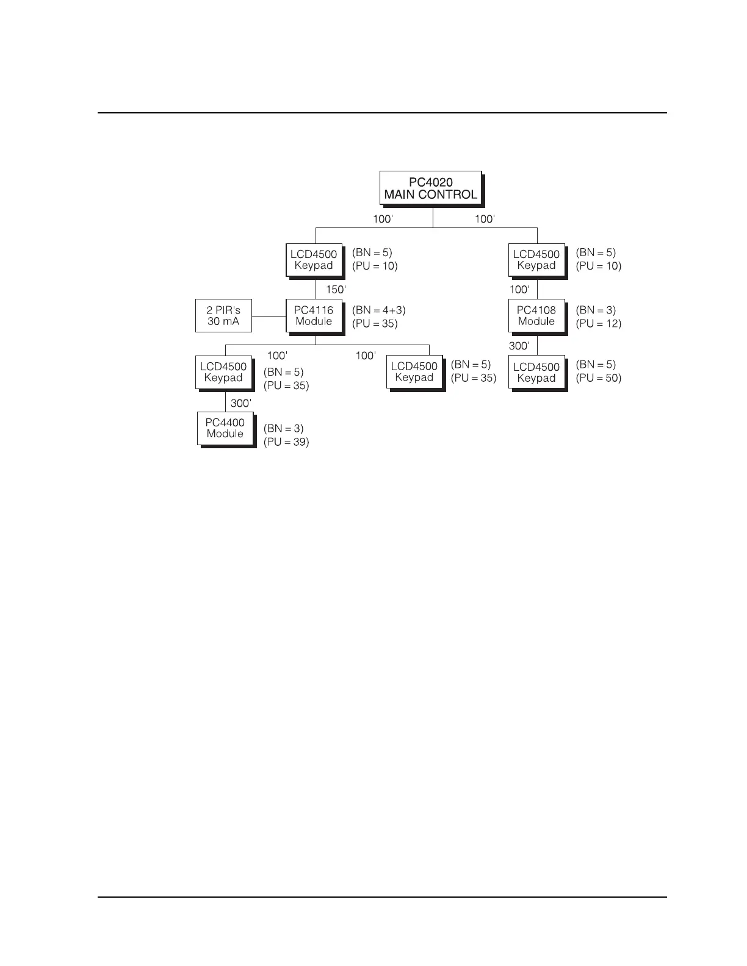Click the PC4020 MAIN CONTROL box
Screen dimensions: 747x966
pos(430,188)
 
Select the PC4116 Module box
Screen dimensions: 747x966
pos(314,316)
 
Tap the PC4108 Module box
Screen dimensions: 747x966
pos(536,316)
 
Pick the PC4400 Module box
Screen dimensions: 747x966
pos(225,428)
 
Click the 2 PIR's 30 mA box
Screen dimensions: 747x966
pos(223,316)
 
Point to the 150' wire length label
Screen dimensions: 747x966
pos(336,290)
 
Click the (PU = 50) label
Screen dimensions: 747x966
pos(599,378)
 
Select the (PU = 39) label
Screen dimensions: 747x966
pos(286,442)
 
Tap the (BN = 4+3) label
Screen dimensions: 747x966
pos(378,310)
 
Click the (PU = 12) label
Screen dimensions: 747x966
pos(599,324)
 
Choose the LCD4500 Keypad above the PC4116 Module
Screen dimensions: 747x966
pos(314,260)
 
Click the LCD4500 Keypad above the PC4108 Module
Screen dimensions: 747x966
pos(536,260)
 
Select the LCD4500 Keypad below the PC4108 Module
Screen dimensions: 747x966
pos(536,372)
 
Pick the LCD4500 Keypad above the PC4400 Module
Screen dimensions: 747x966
pos(223,372)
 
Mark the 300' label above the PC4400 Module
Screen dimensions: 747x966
pos(240,404)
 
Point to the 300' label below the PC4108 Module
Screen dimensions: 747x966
pos(519,346)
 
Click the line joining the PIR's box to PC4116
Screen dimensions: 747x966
pos(269,317)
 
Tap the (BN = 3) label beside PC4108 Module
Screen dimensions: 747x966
pos(596,310)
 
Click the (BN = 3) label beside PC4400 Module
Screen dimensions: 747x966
pos(283,429)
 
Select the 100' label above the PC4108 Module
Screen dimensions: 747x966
pos(519,290)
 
